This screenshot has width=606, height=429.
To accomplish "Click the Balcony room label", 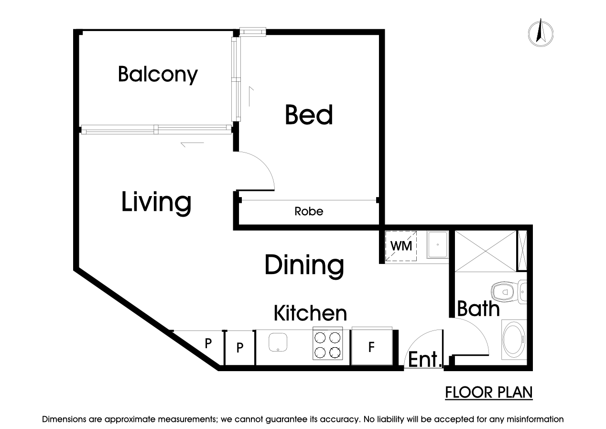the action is pos(158,75).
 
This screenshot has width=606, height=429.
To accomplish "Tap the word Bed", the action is pos(309,115).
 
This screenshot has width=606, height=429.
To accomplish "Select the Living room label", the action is pos(156,203).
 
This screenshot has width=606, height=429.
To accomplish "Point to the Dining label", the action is pos(304,266).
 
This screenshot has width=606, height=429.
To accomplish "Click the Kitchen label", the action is pos(310,313).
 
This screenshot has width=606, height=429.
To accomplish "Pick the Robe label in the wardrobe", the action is pos(309,211).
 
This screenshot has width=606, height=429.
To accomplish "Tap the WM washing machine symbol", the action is pos(401,246).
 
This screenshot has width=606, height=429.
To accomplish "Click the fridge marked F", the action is pos(372,346).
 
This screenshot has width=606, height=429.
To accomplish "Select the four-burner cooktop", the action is pos(328,344).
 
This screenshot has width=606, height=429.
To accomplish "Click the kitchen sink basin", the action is pos(278,342).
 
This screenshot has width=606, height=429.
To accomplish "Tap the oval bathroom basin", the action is pos(513,340).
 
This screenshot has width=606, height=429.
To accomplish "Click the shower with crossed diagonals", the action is pos(486,251).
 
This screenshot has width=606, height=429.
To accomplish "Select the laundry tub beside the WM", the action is pos(437,244).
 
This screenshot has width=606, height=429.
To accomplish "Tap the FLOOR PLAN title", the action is pos(489,393).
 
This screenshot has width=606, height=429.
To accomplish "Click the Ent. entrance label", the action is pos(424,359).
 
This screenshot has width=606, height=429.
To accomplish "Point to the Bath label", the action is pos(478,308).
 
